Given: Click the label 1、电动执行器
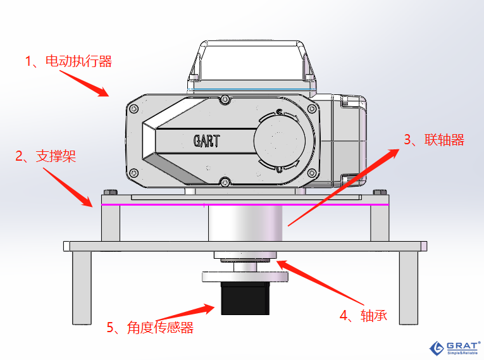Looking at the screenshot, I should click(x=68, y=61).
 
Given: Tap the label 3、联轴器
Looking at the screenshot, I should click(x=435, y=140).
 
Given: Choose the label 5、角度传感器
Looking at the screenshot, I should click(x=150, y=327).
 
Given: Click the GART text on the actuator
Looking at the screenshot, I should click(x=206, y=140).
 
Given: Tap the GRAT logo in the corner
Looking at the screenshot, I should click(x=454, y=347).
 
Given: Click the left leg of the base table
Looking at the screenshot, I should click(x=80, y=287).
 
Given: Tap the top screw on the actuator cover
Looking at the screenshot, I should click(x=223, y=99).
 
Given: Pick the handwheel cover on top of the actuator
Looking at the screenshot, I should click(x=252, y=63).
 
